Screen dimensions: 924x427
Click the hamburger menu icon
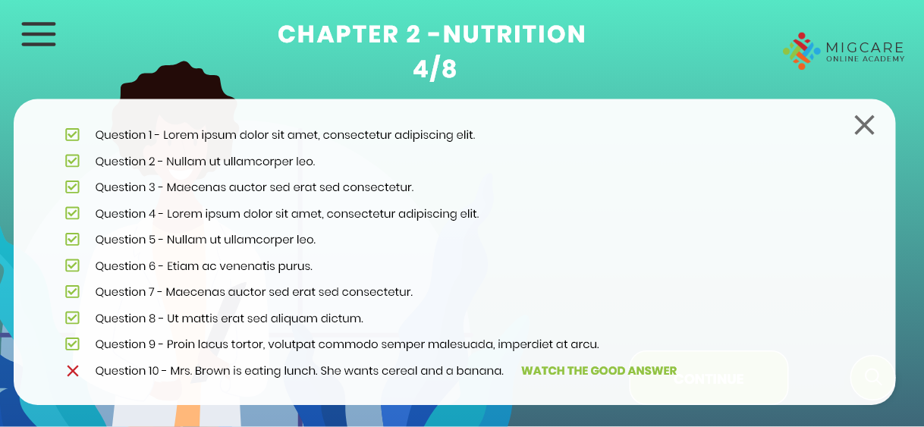39,34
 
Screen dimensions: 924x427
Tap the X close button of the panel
864,125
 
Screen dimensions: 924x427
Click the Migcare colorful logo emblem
802,51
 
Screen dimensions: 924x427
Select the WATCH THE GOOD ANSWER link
599,370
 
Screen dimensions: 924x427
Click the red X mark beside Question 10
73,371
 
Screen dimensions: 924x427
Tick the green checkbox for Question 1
72,134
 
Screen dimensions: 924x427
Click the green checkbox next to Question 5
72,239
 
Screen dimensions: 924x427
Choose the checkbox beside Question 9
72,344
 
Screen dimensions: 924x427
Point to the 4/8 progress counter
435,69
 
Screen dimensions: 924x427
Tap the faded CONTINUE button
709,378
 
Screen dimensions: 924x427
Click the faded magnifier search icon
873,377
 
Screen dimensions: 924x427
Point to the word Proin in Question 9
181,344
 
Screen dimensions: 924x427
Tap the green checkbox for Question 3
72,187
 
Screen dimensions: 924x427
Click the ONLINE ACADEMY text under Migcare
866,59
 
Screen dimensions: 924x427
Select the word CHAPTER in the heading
338,34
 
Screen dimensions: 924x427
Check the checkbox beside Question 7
72,292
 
